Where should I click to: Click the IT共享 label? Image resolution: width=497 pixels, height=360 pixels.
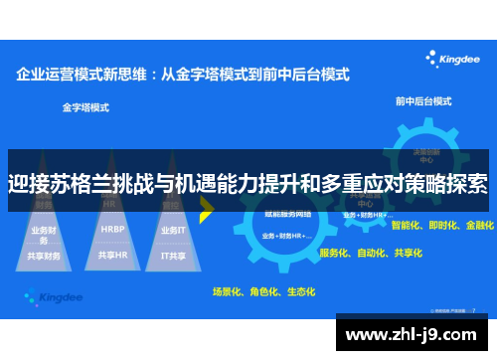[x=173, y=255]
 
